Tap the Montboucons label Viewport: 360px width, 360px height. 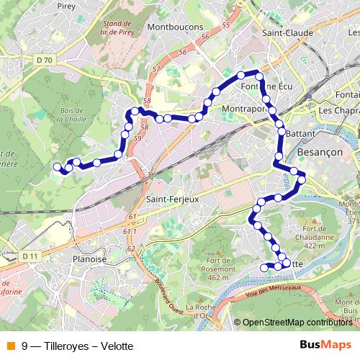174,27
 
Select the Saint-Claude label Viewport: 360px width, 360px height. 287,32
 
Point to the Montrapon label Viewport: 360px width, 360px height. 245,109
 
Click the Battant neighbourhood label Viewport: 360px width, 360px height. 302,133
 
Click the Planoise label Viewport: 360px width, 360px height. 89,259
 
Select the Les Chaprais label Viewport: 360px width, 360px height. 338,110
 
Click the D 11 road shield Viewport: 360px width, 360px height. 29,256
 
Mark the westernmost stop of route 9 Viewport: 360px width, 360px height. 57,167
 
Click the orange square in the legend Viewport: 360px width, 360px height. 10,345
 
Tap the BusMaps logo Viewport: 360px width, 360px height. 325,344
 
